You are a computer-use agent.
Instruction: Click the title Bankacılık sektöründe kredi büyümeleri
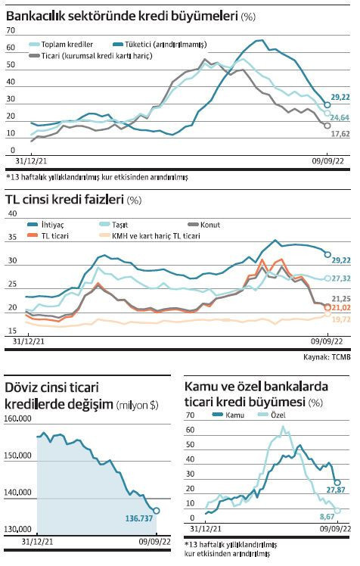[121, 15]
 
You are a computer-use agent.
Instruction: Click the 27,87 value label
[336, 491]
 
